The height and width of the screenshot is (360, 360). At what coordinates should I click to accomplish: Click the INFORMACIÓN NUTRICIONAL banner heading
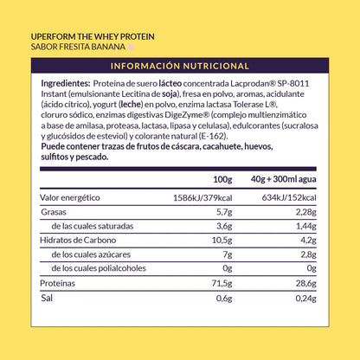pyautogui.click(x=180, y=66)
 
